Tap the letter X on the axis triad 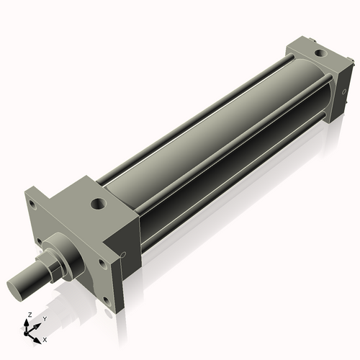coord(45,338)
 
